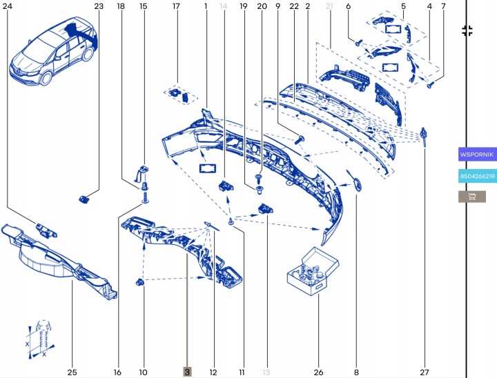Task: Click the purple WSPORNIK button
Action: [x=477, y=155]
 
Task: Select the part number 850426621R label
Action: [x=477, y=176]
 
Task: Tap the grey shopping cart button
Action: [x=472, y=197]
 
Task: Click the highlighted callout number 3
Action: [x=187, y=372]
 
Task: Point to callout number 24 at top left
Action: [x=8, y=6]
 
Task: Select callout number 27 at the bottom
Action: [x=424, y=372]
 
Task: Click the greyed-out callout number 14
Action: [x=224, y=6]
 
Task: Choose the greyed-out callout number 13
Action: [x=266, y=372]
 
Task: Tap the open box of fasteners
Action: [x=313, y=271]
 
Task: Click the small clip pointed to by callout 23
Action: [x=84, y=199]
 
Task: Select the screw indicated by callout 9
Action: [x=300, y=139]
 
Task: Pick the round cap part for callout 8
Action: [x=357, y=184]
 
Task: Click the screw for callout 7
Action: [x=431, y=85]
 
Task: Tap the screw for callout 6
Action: [x=358, y=43]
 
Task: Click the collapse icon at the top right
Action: [x=467, y=31]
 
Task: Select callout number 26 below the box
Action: [x=318, y=372]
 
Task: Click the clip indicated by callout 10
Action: [x=140, y=281]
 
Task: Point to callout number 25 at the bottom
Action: [x=72, y=372]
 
